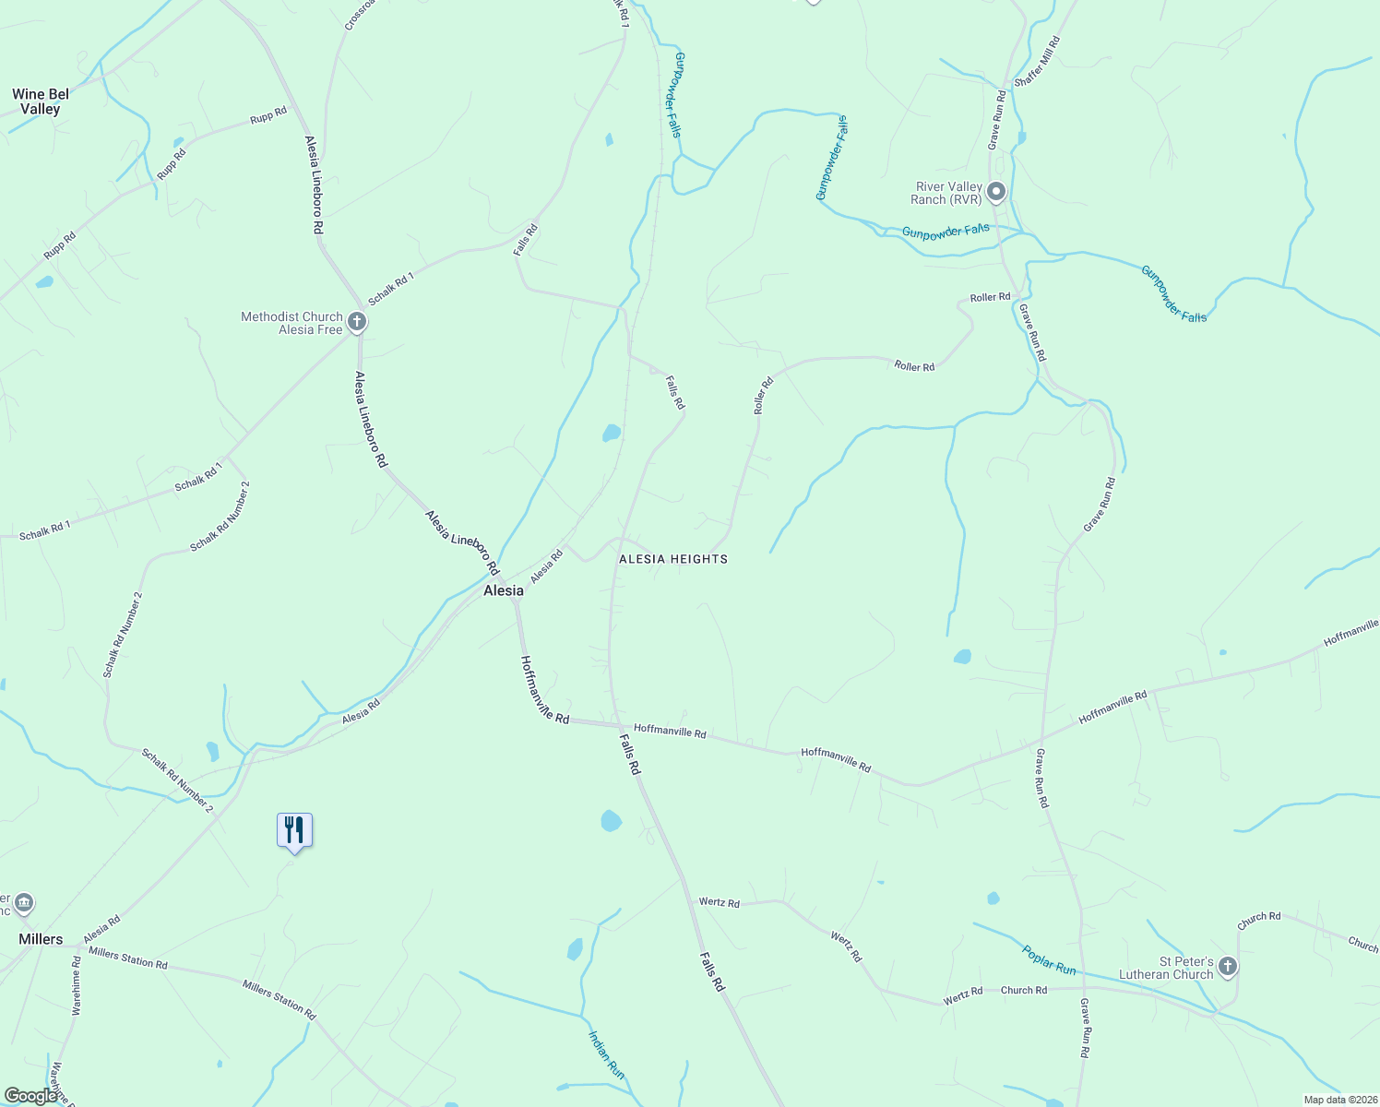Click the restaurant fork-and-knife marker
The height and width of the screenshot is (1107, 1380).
point(294,830)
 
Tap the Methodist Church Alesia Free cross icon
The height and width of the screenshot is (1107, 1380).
point(357,322)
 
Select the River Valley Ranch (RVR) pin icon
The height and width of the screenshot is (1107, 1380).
point(996,193)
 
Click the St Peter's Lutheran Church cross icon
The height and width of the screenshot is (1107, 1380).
point(1227,967)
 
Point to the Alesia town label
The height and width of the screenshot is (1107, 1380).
point(504,590)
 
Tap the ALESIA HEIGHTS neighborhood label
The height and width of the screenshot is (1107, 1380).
point(673,559)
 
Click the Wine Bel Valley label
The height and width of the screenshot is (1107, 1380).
point(41,101)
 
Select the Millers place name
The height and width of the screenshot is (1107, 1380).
point(41,939)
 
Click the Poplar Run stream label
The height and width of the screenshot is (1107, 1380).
point(1049,959)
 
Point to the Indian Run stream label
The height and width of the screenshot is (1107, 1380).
point(606,1054)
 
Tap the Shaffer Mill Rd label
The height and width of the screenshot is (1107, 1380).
point(1038,63)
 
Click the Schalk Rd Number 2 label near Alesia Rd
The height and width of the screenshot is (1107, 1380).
point(177,780)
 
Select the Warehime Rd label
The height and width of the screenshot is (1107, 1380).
point(76,986)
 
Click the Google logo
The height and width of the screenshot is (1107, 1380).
point(31,1096)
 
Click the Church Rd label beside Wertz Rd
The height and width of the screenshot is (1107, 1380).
point(1024,990)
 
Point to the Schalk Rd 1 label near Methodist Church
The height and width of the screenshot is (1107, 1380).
point(391,290)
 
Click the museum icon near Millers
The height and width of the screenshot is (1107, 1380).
point(25,901)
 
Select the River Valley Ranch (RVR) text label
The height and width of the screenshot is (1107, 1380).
point(948,193)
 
